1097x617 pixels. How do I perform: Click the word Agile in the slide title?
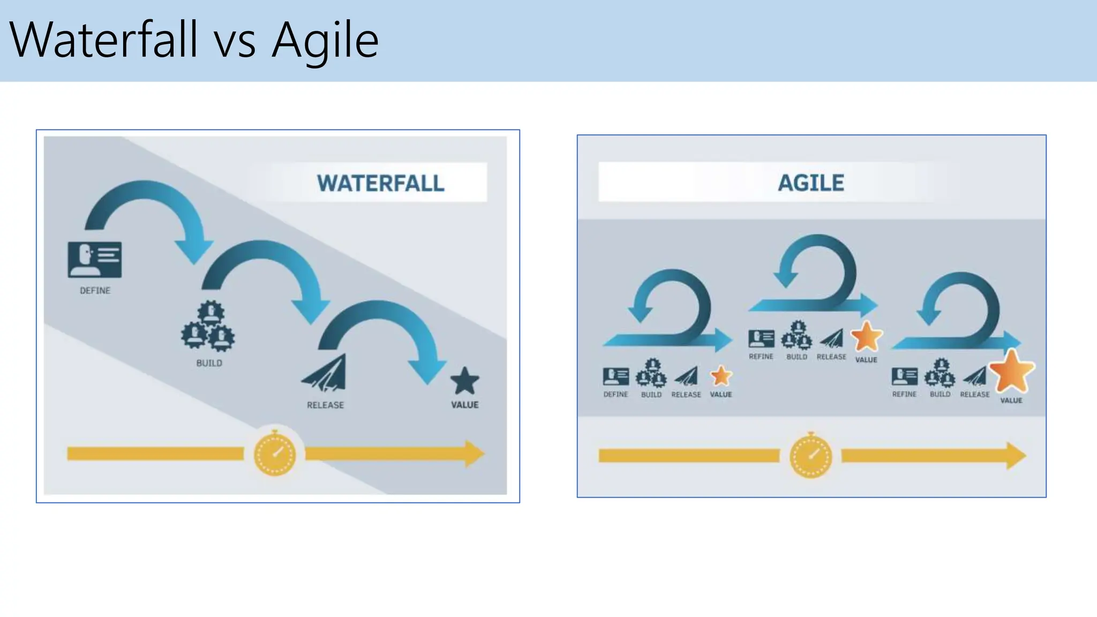325,40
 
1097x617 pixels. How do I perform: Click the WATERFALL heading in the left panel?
380,183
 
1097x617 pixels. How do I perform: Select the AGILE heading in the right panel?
811,183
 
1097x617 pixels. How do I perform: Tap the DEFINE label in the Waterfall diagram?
95,290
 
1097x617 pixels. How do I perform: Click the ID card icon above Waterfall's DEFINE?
95,260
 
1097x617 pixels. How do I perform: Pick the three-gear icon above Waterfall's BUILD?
208,326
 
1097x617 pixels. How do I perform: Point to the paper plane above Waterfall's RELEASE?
325,373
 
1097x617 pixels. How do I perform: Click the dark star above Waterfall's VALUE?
464,381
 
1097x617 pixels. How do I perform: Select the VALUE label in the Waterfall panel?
464,405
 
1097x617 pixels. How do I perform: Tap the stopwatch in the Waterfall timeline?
275,454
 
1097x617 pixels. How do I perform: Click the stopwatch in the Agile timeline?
811,456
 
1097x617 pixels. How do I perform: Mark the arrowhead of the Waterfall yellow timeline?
474,454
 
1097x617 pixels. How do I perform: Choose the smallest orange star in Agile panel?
721,376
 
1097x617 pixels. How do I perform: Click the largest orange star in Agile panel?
1011,371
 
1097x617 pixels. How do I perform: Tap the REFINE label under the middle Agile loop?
761,357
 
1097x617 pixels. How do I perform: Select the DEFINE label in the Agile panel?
615,394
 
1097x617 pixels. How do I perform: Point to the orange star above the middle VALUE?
866,337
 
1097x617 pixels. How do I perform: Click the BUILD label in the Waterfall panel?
209,363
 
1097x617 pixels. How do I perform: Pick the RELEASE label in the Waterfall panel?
325,405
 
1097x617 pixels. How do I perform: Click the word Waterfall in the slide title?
104,40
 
